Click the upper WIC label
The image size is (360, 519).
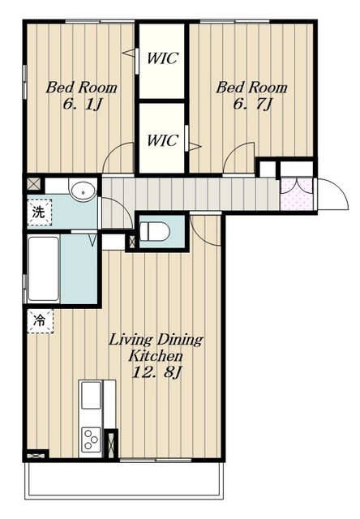pos(162,58)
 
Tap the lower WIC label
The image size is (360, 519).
pos(162,140)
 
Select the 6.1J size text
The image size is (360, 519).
pos(81,105)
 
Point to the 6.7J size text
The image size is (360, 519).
pos(252,105)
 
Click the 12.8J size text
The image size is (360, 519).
pos(156,373)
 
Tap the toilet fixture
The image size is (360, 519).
pos(155,231)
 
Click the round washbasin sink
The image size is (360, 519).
pos(83,191)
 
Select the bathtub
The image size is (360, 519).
pos(43,268)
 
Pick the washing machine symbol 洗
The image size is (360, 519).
pos(39,212)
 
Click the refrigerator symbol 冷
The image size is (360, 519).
pos(40,320)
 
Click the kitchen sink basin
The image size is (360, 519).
pos(91,395)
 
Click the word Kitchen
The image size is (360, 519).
pos(156,356)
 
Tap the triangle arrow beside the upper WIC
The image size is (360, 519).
pos(128,53)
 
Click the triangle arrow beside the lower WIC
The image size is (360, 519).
pos(195,146)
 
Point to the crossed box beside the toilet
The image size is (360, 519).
pos(131,242)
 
